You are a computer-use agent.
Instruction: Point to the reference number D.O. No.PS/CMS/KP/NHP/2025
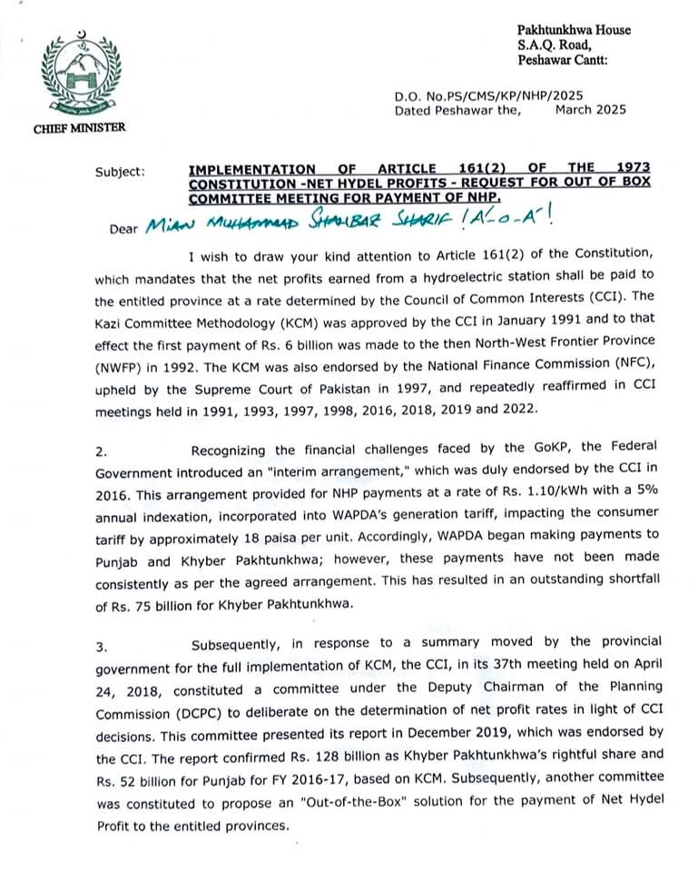coord(488,95)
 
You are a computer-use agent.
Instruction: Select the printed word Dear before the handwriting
coord(121,229)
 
